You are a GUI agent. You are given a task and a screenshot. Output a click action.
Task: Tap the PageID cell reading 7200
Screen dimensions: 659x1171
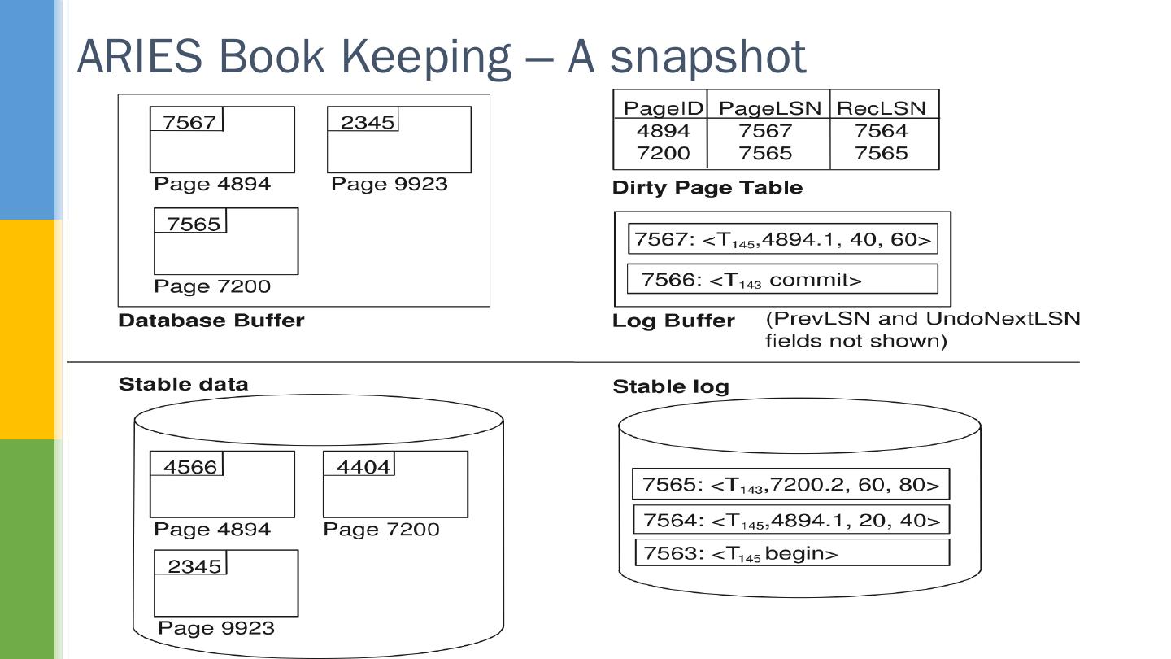(x=663, y=153)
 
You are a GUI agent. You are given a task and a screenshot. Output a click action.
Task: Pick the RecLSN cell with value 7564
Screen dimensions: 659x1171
(x=882, y=130)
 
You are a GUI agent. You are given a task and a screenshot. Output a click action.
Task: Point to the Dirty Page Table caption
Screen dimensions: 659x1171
(x=707, y=188)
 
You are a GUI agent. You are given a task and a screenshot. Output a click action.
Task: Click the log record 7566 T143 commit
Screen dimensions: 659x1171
(x=782, y=280)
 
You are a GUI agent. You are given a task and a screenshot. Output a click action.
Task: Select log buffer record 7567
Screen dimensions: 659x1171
(x=782, y=240)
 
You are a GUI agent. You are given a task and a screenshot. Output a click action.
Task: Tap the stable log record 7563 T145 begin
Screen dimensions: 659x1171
(x=790, y=553)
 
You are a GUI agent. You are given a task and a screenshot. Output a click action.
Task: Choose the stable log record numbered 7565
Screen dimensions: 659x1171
(x=790, y=485)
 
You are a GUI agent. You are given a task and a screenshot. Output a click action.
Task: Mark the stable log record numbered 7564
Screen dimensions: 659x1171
(x=790, y=520)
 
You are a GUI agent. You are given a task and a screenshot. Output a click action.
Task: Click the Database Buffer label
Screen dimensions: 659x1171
(x=211, y=321)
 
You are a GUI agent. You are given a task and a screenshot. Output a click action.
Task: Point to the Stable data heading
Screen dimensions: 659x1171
(x=183, y=384)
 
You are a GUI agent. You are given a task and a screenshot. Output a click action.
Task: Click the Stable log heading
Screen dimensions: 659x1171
(x=670, y=386)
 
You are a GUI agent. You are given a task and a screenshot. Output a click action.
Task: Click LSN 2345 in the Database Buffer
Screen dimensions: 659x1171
(x=367, y=122)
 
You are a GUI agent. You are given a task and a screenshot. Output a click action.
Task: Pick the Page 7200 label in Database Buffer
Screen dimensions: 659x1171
(x=212, y=286)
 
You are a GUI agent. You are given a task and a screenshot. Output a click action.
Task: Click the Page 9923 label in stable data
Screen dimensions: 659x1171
(x=215, y=628)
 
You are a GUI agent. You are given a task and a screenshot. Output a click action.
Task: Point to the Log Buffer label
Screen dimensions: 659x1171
(x=673, y=321)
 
